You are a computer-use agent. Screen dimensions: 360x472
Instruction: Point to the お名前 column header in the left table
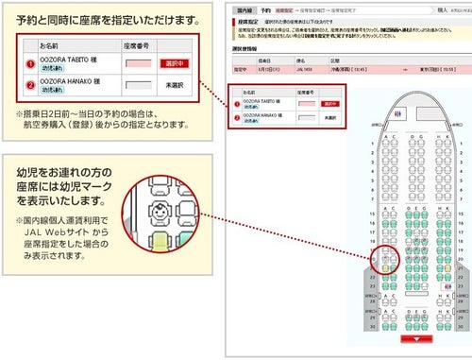(52, 43)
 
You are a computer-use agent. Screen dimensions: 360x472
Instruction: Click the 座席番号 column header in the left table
(138, 43)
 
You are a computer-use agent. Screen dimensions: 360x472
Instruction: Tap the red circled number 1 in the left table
(30, 63)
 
